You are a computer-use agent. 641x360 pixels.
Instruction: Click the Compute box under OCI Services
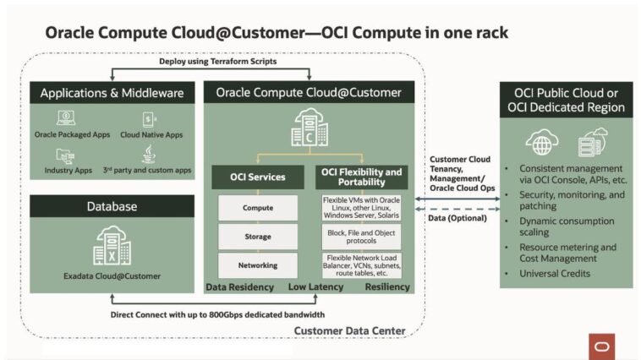pos(258,207)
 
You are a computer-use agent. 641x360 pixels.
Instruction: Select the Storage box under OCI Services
pos(258,236)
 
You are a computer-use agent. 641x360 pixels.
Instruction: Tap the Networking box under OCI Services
pos(258,265)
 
